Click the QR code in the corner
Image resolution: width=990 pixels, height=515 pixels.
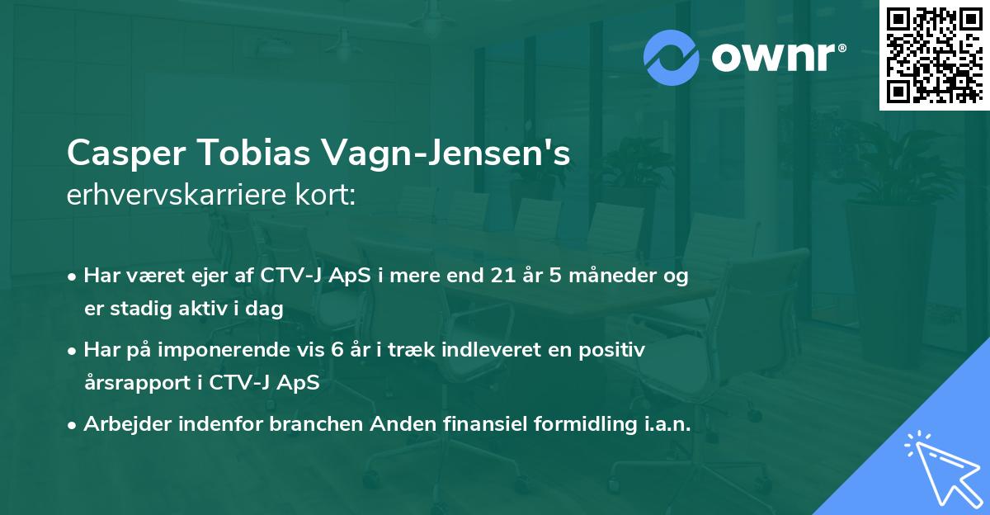pyautogui.click(x=933, y=54)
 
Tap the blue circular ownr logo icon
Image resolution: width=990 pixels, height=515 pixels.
pyautogui.click(x=672, y=57)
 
